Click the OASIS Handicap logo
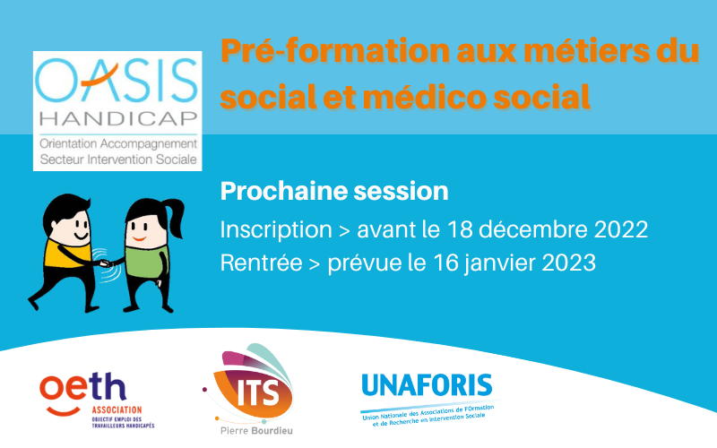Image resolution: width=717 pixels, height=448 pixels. pyautogui.click(x=117, y=110)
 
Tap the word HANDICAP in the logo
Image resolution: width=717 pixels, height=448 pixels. pyautogui.click(x=118, y=118)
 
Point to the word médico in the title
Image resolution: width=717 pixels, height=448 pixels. pyautogui.click(x=424, y=97)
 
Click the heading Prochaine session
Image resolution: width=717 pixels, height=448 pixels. pyautogui.click(x=334, y=191)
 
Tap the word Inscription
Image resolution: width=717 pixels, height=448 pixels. pyautogui.click(x=276, y=229)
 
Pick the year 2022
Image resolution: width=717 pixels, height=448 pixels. pyautogui.click(x=620, y=229)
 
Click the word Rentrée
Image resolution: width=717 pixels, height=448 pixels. pyautogui.click(x=261, y=263)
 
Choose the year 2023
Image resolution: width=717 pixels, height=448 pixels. pyautogui.click(x=569, y=263)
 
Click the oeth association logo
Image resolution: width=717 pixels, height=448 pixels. pyautogui.click(x=97, y=401)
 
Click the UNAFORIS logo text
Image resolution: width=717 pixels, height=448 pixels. pyautogui.click(x=428, y=385)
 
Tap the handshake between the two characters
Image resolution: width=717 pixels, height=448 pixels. pyautogui.click(x=105, y=263)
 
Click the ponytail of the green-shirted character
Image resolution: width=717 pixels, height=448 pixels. pyautogui.click(x=173, y=217)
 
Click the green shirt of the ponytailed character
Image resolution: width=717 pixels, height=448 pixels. pyautogui.click(x=146, y=261)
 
